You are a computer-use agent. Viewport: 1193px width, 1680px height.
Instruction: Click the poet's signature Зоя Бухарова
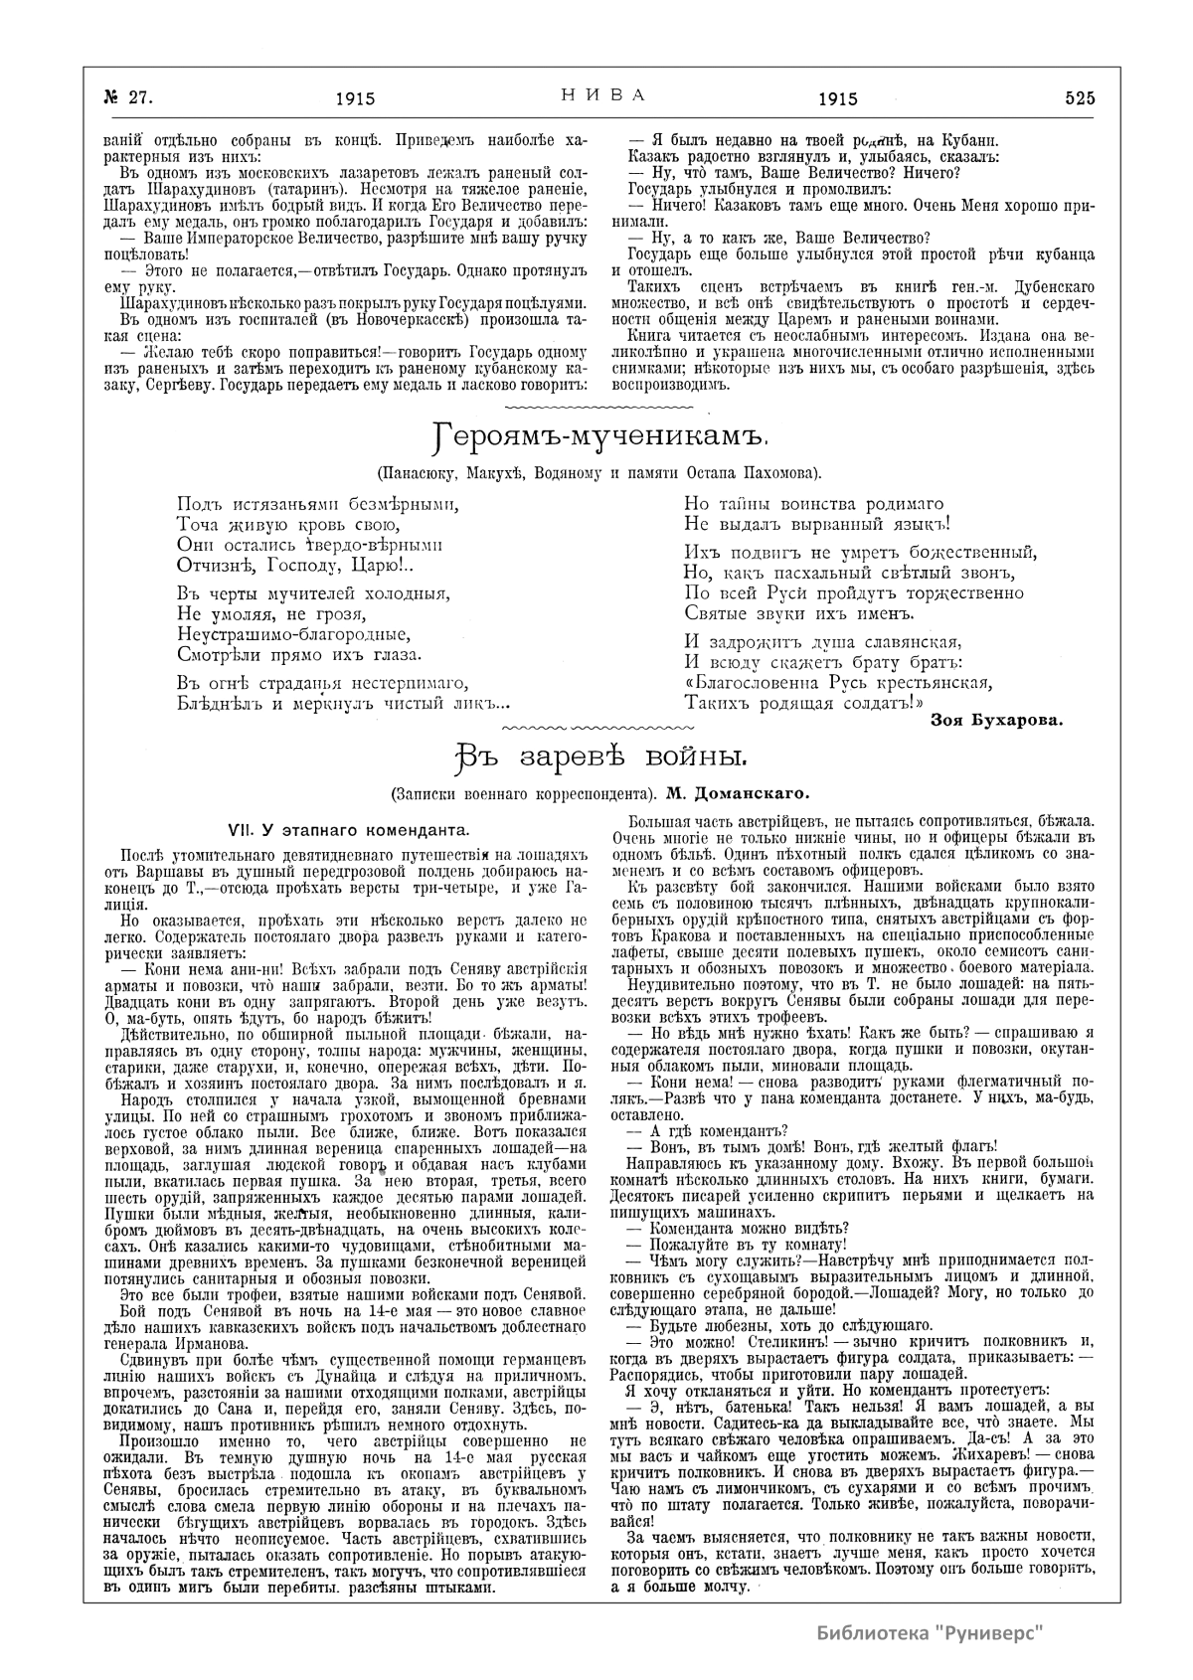tap(995, 721)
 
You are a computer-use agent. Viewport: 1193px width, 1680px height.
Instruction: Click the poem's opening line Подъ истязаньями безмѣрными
tap(311, 503)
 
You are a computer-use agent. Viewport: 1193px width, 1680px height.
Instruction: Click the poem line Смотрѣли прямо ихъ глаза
tap(300, 654)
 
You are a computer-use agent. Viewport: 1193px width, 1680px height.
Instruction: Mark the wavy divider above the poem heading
tap(599, 408)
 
